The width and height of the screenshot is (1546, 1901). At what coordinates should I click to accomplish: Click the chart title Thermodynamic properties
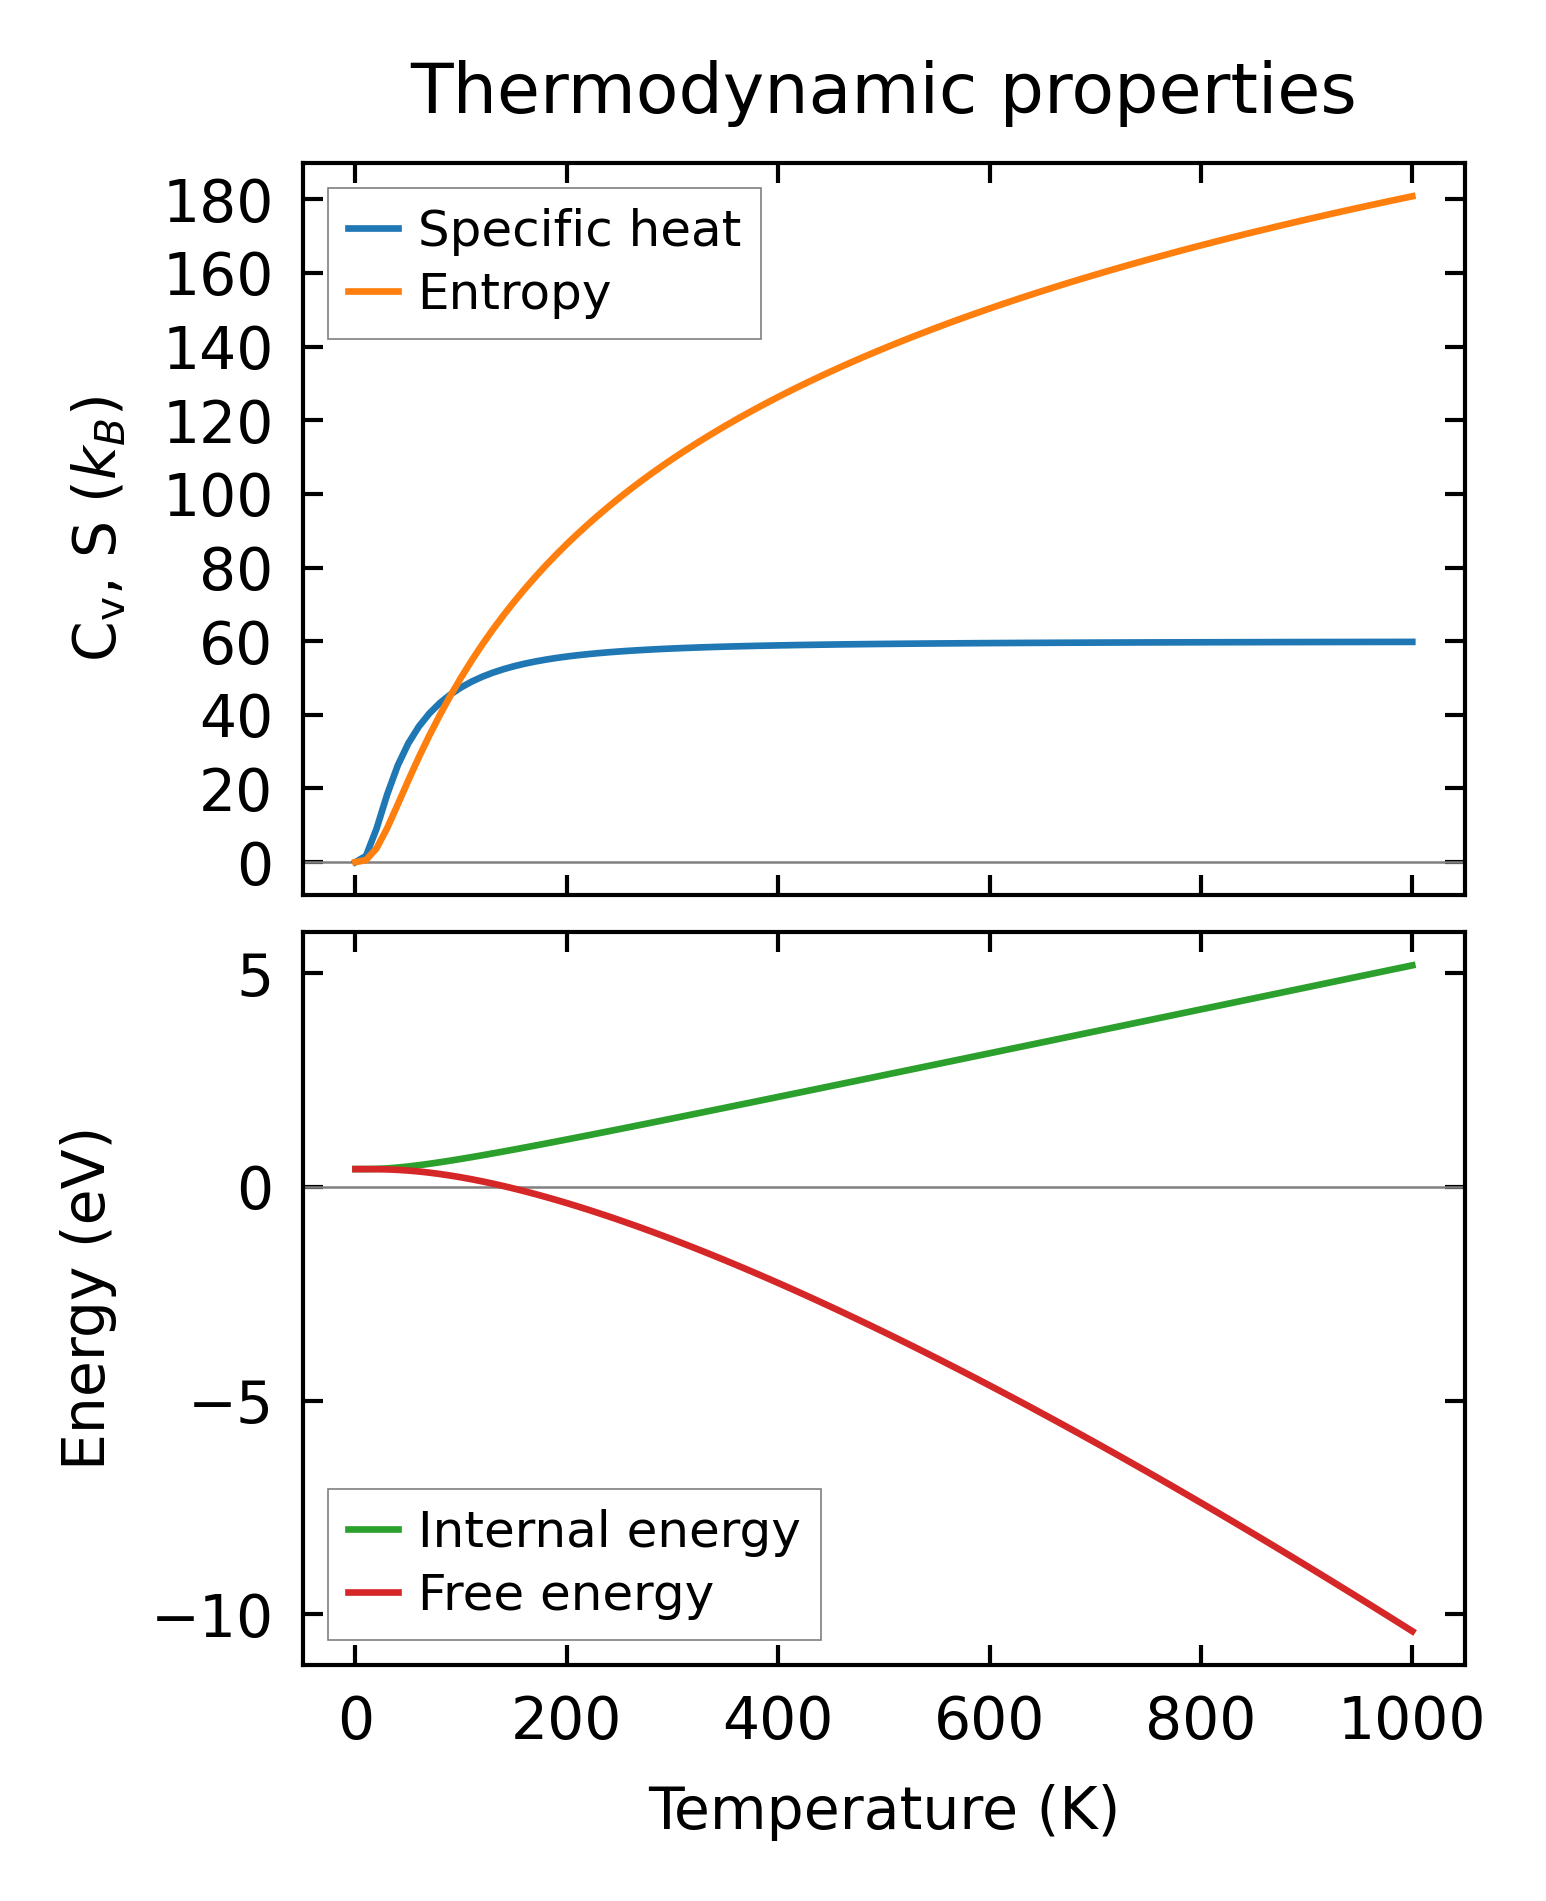click(883, 91)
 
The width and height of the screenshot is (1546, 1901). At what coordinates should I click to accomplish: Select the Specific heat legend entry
click(578, 229)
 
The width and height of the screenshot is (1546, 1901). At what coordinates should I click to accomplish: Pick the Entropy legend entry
click(513, 293)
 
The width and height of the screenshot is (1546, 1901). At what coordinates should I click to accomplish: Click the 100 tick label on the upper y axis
click(218, 497)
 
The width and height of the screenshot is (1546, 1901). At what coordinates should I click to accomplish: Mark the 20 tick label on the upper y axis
click(236, 791)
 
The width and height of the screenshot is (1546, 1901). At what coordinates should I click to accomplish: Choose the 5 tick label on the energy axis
click(255, 976)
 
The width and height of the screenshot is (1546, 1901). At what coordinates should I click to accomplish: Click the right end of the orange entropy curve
click(1413, 196)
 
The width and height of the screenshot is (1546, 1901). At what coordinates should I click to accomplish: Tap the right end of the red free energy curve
click(1413, 1632)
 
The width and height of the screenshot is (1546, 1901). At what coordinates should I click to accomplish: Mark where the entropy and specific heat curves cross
click(452, 690)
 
